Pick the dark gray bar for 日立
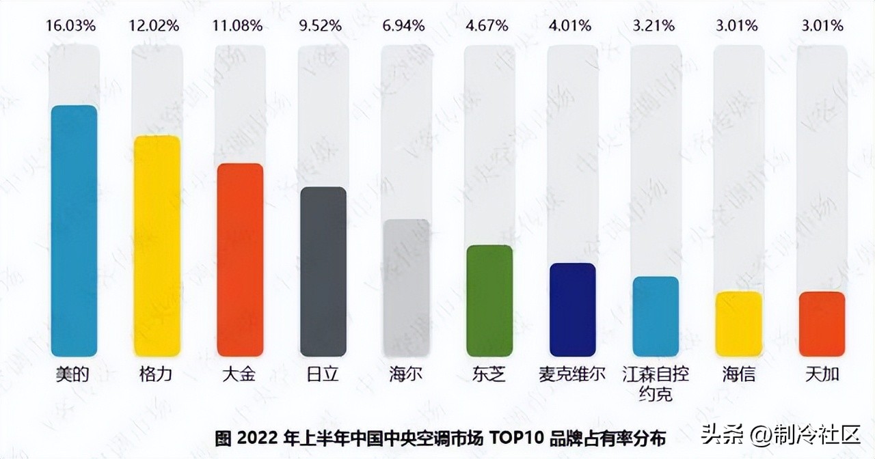point(323,271)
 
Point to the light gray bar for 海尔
point(406,288)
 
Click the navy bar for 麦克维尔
point(573,309)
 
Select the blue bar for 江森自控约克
point(656,316)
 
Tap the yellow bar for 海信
point(739,324)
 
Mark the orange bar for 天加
point(822,324)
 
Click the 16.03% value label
point(71,26)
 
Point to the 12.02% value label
point(154,26)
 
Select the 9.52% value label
point(321,26)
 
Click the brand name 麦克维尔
point(572,375)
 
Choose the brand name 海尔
point(405,375)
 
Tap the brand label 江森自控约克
point(656,384)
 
